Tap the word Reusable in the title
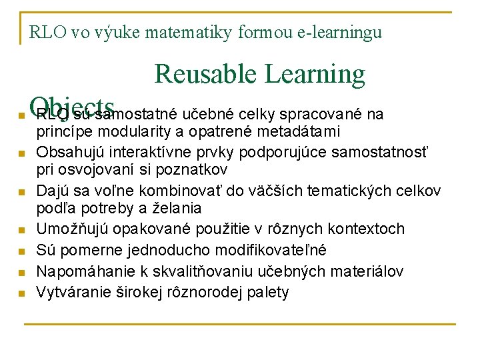[208, 74]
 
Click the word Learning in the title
[317, 74]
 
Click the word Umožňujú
[71, 229]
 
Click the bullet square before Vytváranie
[21, 293]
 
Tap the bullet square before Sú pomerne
[21, 251]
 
